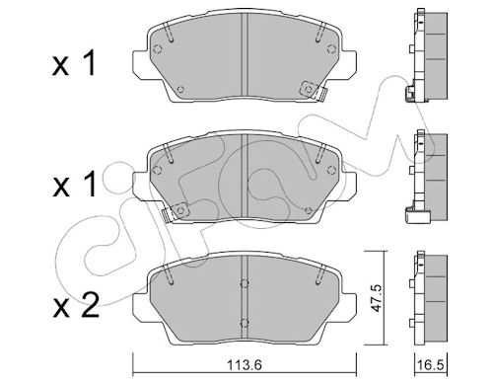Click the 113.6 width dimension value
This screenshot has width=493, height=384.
(x=245, y=364)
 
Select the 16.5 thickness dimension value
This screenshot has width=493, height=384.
(x=431, y=364)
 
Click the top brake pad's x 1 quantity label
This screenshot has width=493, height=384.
(x=74, y=63)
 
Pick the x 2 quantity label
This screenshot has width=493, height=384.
(x=76, y=305)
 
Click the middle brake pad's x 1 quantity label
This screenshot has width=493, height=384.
(x=75, y=185)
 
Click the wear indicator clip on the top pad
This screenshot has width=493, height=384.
(x=314, y=90)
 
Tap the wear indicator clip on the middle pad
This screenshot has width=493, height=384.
(x=175, y=211)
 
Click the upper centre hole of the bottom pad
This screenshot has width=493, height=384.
(x=245, y=283)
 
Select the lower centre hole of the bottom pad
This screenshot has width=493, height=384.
(x=245, y=323)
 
